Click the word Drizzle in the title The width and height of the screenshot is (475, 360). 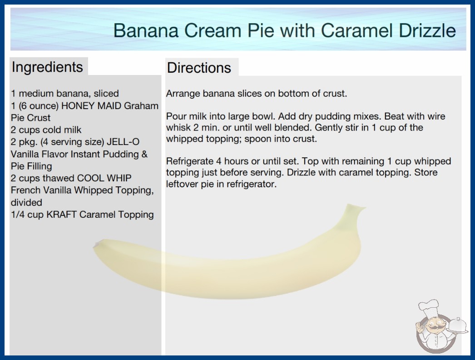coord(427,30)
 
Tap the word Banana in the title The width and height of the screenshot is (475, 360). coord(146,30)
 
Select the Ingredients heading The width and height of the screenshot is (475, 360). coord(47,67)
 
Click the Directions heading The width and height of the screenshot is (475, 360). coord(199,68)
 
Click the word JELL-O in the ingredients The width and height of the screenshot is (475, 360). coord(123,142)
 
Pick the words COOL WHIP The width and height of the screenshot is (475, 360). coord(104,178)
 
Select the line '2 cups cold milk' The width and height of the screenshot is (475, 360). coord(46,130)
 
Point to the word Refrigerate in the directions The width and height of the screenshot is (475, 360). coord(189,161)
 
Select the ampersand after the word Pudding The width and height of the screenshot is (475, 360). coord(144,154)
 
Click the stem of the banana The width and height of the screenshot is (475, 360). coord(355,210)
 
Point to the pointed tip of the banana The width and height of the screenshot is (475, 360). coord(97,245)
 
